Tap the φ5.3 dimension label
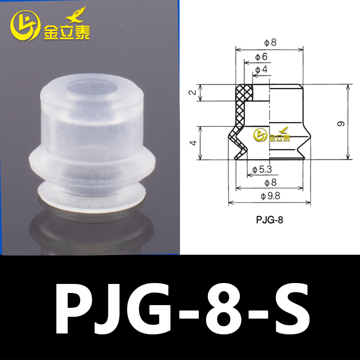click(263, 170)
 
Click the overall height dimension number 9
click(341, 123)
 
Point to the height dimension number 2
click(192, 93)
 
